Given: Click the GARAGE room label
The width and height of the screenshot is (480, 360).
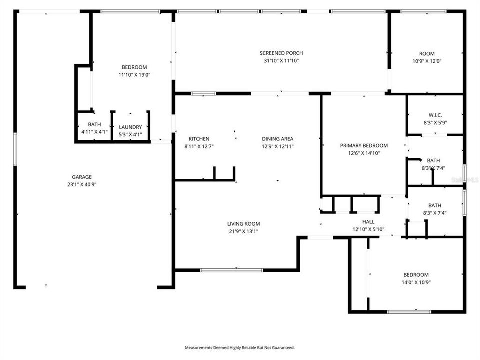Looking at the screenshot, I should pyautogui.click(x=82, y=177).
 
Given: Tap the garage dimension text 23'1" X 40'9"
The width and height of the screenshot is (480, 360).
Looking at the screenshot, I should pyautogui.click(x=82, y=184).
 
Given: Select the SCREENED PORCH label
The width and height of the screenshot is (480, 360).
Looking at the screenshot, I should pyautogui.click(x=281, y=53).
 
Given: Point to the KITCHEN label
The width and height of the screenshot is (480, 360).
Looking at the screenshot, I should pyautogui.click(x=199, y=139).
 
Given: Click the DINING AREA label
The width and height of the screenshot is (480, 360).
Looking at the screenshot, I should pyautogui.click(x=277, y=139).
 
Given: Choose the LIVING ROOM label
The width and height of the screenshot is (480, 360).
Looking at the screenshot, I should pyautogui.click(x=243, y=224).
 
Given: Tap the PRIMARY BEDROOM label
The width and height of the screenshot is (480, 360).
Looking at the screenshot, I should pyautogui.click(x=364, y=146).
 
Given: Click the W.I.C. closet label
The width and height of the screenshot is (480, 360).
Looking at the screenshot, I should pyautogui.click(x=435, y=115).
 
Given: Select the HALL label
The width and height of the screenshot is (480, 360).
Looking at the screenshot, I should pyautogui.click(x=368, y=222).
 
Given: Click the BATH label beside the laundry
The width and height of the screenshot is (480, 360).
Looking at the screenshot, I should pyautogui.click(x=94, y=124).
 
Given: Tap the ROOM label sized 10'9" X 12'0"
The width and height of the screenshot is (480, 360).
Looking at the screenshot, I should pyautogui.click(x=427, y=54).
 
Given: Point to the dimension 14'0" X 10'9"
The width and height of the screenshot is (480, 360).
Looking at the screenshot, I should pyautogui.click(x=417, y=282).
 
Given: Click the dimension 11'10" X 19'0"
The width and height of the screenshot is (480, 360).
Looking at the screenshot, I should pyautogui.click(x=134, y=75).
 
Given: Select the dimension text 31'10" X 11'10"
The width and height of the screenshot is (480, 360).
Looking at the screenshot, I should pyautogui.click(x=281, y=61).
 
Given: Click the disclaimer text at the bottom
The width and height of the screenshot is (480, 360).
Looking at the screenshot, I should pyautogui.click(x=240, y=347).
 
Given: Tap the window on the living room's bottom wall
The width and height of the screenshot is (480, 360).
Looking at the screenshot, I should pyautogui.click(x=232, y=270).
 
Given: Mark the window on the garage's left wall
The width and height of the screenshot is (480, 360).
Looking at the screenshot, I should pyautogui.click(x=15, y=150).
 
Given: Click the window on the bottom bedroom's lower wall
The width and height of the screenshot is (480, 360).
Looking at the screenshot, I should pyautogui.click(x=409, y=312).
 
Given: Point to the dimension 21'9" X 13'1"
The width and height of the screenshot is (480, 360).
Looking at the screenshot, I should pyautogui.click(x=243, y=231).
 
